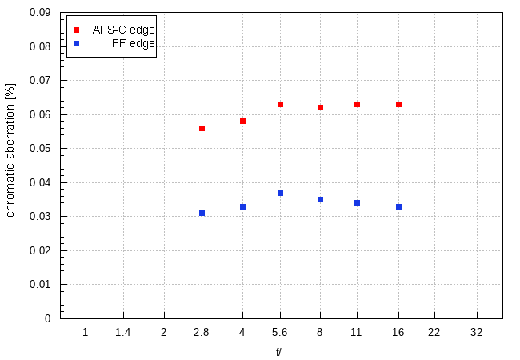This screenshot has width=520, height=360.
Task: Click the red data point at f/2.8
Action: click(x=202, y=128)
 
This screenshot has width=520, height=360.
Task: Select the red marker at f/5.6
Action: click(x=280, y=104)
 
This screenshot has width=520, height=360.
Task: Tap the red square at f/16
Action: click(x=398, y=104)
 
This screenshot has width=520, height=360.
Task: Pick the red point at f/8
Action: click(x=320, y=107)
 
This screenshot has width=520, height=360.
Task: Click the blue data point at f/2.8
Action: click(x=202, y=213)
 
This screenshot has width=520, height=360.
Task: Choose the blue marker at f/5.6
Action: click(x=280, y=193)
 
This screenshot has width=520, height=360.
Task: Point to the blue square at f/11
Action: click(x=357, y=202)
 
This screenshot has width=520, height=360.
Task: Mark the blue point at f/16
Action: click(x=398, y=206)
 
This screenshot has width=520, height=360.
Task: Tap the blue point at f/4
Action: click(x=242, y=206)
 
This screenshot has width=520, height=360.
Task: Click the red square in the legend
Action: click(x=77, y=30)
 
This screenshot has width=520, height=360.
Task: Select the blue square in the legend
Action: click(x=77, y=43)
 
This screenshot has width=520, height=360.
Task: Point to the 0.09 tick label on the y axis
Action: click(x=40, y=13)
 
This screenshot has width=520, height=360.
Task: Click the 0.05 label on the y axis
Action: click(x=40, y=149)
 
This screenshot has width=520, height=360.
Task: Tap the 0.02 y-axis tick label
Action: click(x=40, y=250)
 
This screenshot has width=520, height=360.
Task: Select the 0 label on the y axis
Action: click(x=48, y=318)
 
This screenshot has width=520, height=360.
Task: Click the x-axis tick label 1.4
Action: click(x=123, y=331)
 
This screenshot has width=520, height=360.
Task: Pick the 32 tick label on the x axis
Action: click(x=477, y=331)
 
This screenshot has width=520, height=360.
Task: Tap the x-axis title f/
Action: click(x=278, y=351)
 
